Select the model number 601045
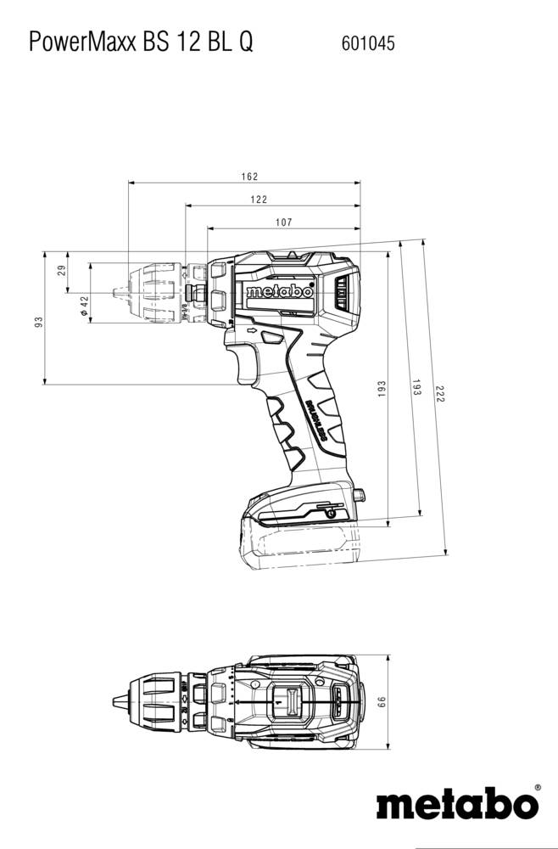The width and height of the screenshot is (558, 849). (368, 42)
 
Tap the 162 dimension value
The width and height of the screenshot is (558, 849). (248, 177)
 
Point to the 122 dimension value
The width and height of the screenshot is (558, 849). (259, 200)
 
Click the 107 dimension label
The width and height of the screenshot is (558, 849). (283, 222)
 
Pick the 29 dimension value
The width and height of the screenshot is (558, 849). (61, 271)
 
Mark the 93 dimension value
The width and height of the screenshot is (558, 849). (38, 322)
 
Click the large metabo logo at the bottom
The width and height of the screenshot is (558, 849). (456, 803)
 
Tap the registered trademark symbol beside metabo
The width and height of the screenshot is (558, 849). (538, 789)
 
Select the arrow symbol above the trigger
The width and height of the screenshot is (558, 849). (252, 330)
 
